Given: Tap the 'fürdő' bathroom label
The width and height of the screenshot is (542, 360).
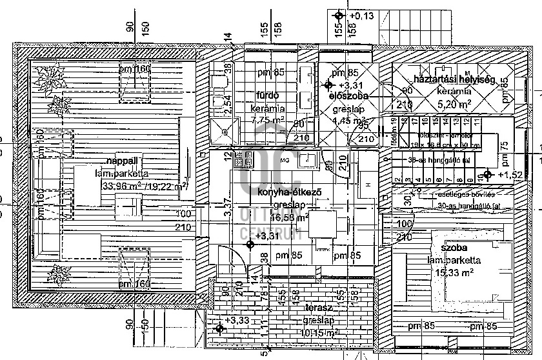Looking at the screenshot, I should click(266, 95).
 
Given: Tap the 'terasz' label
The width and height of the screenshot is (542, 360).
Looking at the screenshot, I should click(317, 309).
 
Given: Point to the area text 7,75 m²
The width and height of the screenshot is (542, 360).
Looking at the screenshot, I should click(267, 120).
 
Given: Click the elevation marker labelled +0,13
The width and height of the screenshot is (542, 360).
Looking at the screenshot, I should click(337, 15).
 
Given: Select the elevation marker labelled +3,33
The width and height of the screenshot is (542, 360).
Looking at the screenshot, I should click(220, 329).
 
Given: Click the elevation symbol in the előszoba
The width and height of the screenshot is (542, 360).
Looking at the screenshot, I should click(328, 85).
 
